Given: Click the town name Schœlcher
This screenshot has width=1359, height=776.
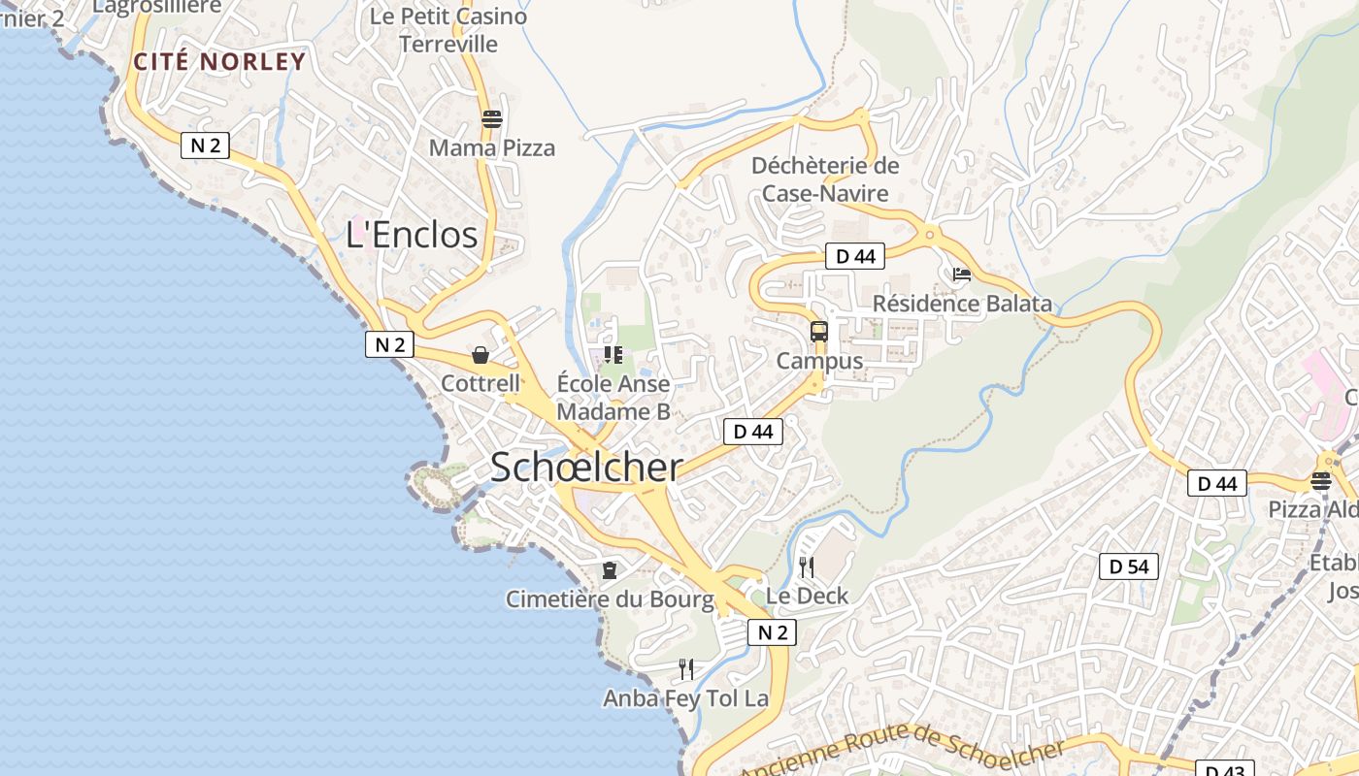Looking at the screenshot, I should coord(586,468).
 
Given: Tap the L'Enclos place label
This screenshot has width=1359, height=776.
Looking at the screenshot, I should coord(413,235).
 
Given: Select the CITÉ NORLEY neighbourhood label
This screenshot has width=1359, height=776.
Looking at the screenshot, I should coord(219,62).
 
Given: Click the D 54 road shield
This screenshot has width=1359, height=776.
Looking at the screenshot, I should coord(1129,566).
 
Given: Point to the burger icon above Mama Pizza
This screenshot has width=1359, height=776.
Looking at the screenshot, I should coord(492,119).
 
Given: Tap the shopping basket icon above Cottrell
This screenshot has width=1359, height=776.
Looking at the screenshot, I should coord(480,355).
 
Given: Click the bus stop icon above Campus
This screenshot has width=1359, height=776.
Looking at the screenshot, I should coord(819,332).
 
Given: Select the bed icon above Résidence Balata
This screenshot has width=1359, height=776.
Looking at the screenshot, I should coord(962,275).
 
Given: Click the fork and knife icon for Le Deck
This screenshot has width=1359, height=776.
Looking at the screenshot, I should coord(807,566).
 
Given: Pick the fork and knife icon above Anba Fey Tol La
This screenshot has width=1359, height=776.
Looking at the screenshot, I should coord(685,668).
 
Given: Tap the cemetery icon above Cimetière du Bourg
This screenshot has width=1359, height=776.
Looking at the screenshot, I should coord(610,569).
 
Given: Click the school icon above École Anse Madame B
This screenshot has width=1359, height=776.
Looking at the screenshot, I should coord(613,354).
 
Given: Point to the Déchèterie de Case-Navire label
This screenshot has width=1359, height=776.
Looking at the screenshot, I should coord(825,179).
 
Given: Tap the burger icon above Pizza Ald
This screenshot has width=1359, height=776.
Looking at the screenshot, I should coord(1320,480).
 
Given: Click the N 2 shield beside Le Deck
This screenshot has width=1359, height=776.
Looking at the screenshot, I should coord(772,633).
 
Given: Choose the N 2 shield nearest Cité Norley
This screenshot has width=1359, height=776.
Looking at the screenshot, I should coord(205,145).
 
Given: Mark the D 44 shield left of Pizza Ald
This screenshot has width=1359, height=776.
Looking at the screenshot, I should coord(1216,483).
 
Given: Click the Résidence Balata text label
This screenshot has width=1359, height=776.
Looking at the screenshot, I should coord(962,304).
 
